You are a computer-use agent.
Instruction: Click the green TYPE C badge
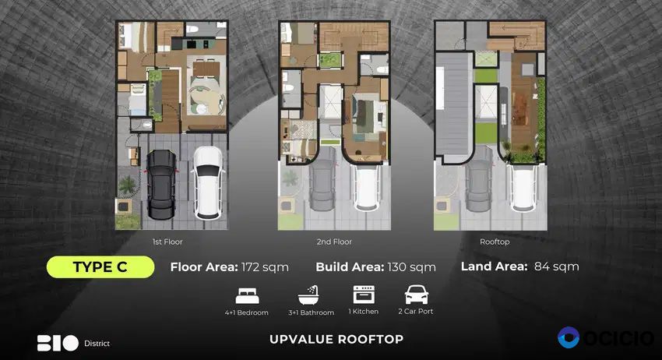coord(100,267)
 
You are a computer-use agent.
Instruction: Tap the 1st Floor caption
coord(167,242)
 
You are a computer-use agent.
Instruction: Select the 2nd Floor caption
coord(334,242)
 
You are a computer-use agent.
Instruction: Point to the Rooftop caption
coord(495,242)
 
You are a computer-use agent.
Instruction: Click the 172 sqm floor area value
coord(265,267)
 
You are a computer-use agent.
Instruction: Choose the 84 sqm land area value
coord(556,266)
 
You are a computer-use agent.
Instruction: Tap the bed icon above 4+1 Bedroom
coord(248,296)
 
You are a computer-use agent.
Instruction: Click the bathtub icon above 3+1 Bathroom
coord(308,295)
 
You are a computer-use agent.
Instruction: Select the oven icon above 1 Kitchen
coord(364,294)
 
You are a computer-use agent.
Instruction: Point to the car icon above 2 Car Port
coord(417,295)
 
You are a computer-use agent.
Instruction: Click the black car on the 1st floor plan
coord(161,184)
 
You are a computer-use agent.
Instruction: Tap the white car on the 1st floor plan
coord(208,182)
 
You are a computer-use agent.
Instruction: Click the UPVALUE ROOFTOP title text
coord(336,339)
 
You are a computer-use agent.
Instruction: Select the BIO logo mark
coord(58,343)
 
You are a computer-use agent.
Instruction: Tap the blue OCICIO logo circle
coord(569,337)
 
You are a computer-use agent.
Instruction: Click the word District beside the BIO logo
coord(97,344)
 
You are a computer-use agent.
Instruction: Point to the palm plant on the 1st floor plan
coord(127,185)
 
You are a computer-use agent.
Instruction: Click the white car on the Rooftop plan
coord(523,187)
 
